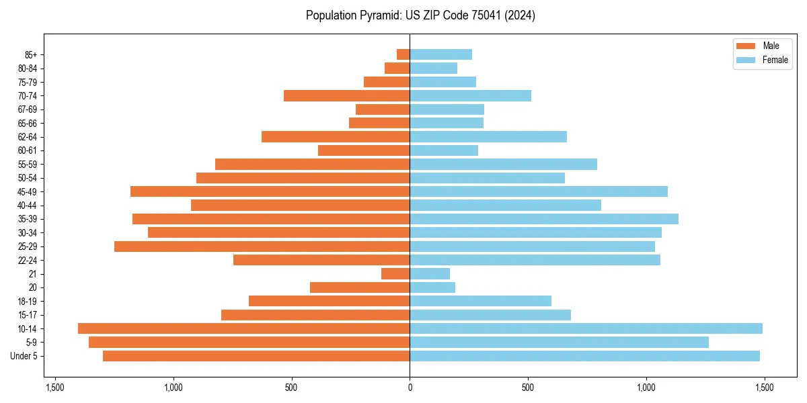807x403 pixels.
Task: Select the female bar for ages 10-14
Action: [x=586, y=328]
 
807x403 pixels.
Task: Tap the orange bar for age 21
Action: [x=395, y=273]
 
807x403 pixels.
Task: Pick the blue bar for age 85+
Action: [x=440, y=54]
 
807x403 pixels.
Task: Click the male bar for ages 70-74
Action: [x=346, y=95]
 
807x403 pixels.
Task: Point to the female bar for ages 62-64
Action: [x=488, y=136]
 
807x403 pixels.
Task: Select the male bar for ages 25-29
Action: [x=262, y=247]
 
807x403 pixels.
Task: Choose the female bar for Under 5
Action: [x=584, y=356]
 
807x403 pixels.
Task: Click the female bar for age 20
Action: [x=432, y=287]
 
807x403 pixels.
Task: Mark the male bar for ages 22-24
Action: [x=321, y=260]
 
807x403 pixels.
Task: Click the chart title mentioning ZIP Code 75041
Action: [x=420, y=15]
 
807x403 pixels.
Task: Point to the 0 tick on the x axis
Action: [x=410, y=388]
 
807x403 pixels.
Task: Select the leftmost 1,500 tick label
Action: [x=54, y=388]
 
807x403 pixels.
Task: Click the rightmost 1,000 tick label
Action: [x=646, y=388]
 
